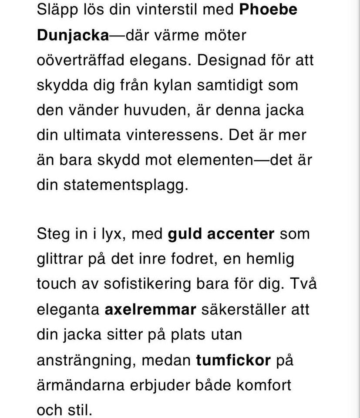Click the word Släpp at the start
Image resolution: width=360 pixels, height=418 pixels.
(56, 9)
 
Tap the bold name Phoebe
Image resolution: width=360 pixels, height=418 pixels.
(268, 9)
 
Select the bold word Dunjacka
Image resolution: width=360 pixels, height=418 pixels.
(73, 34)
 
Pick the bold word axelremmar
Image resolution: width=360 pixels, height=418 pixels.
(151, 310)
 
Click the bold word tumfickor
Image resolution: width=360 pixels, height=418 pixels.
(233, 360)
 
